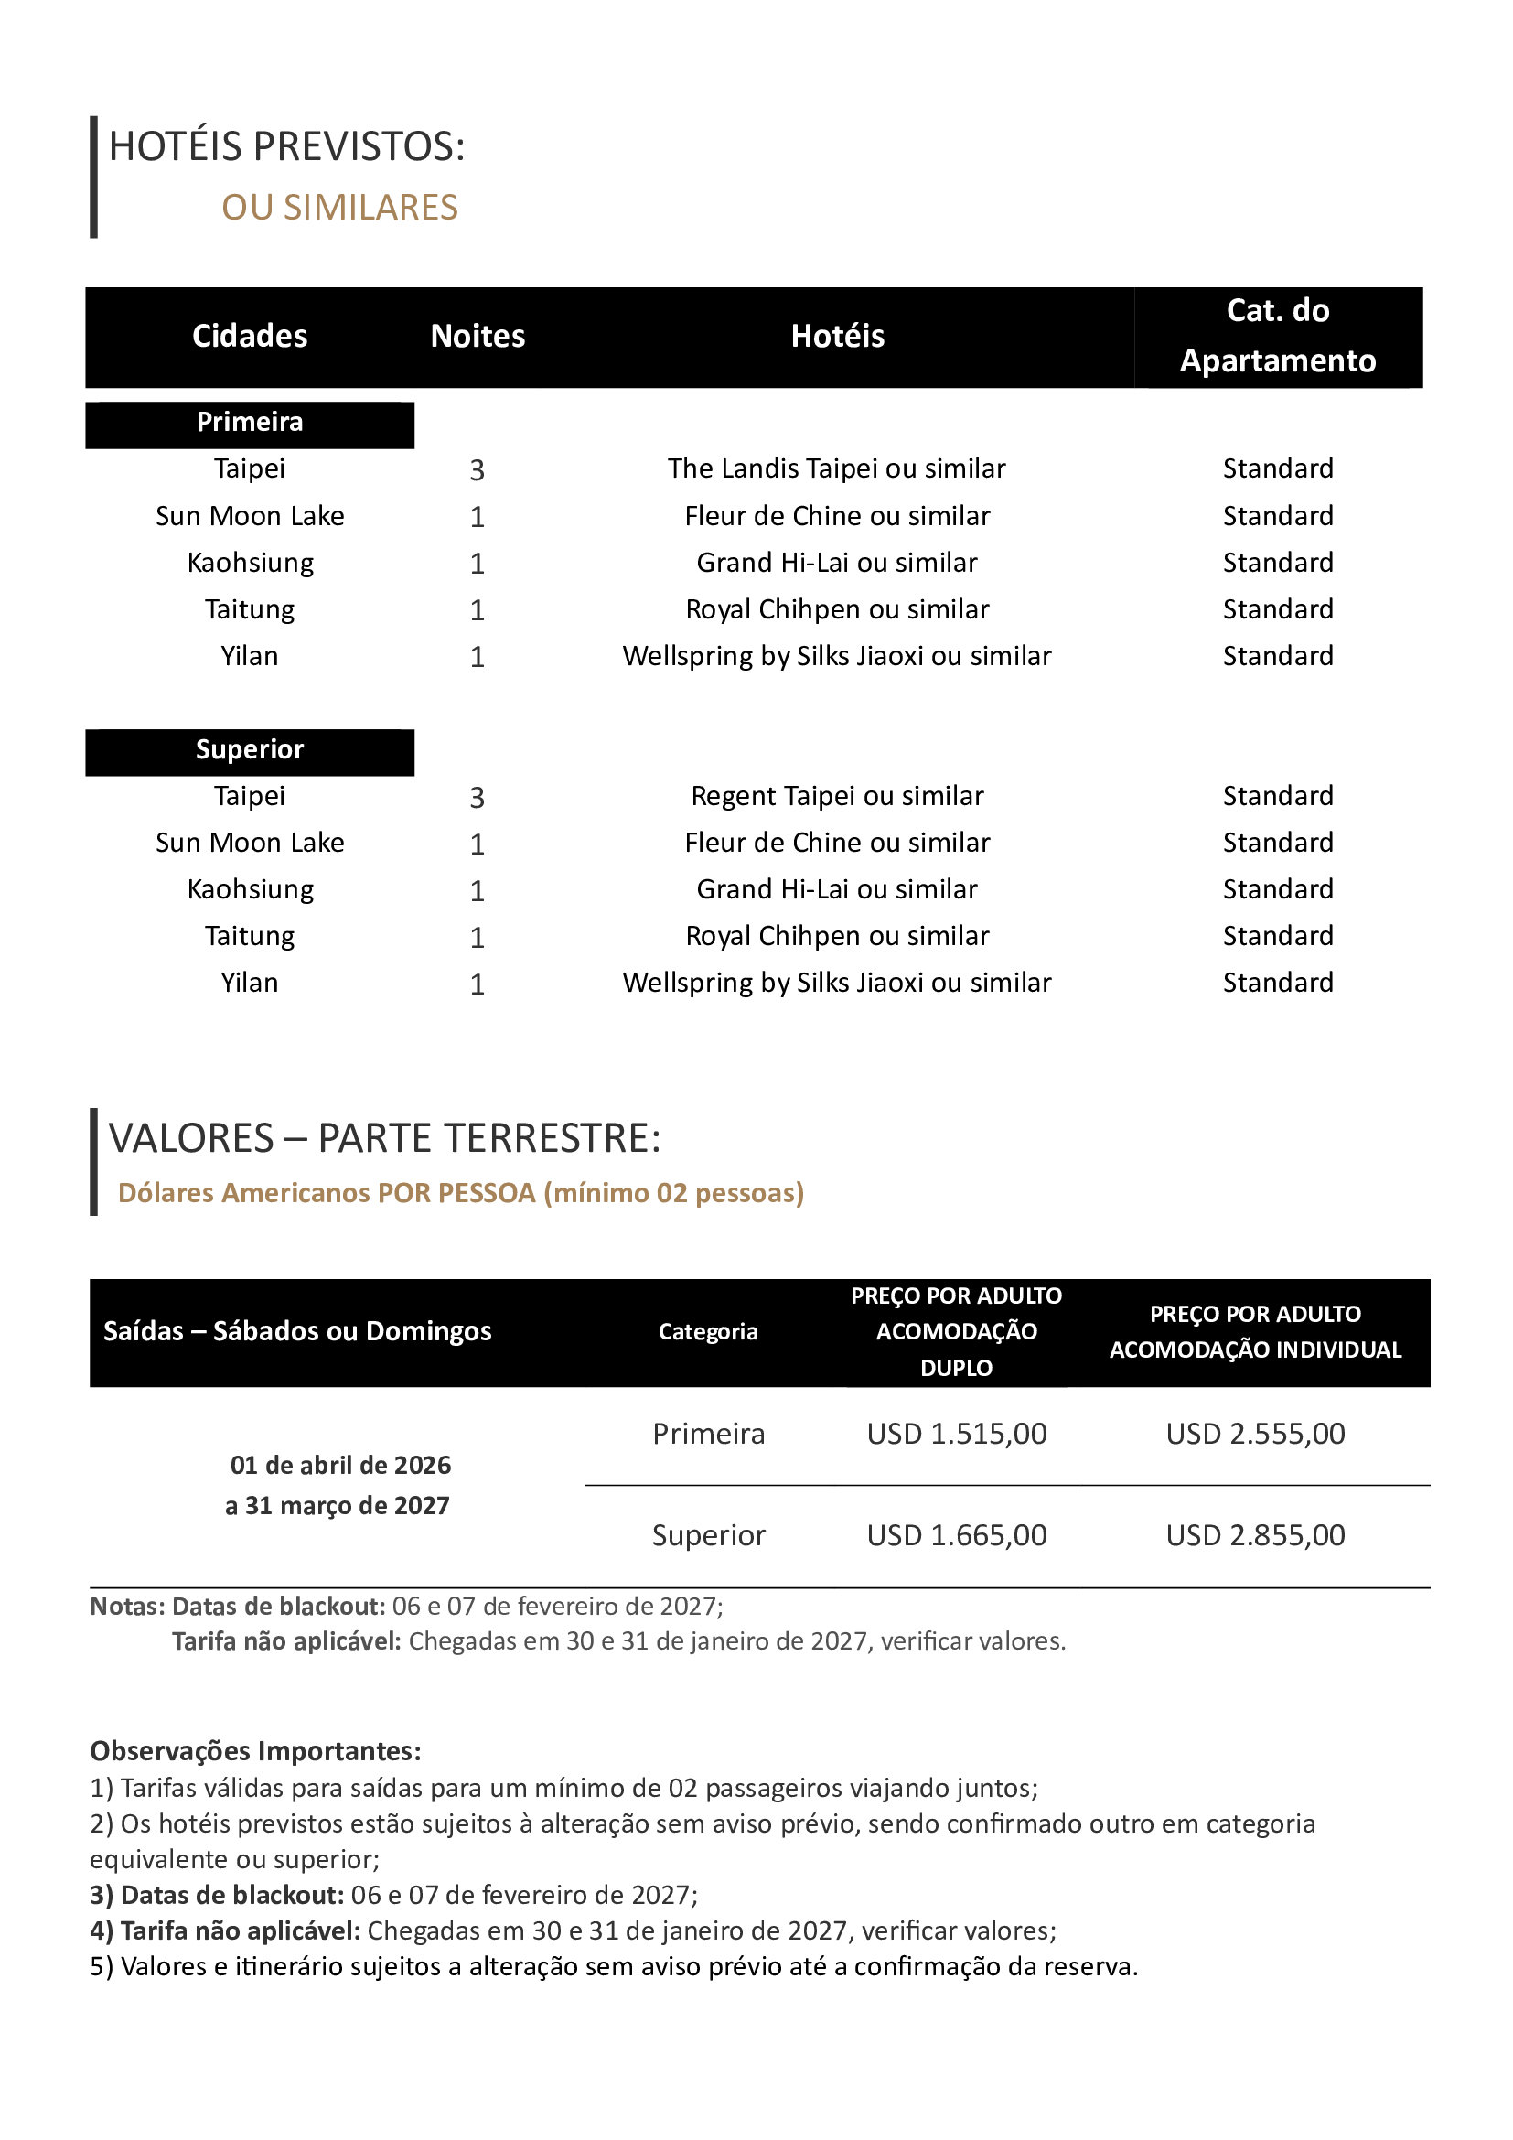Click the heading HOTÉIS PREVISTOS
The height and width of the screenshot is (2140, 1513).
(287, 147)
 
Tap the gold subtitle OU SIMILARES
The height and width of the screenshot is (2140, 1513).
(339, 208)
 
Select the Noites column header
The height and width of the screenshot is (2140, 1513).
(477, 337)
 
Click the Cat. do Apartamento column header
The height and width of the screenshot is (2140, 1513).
(1277, 336)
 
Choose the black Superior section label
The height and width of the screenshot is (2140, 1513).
(250, 750)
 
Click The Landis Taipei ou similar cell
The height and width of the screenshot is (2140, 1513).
(837, 468)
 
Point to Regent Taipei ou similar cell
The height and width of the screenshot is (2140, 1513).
(837, 797)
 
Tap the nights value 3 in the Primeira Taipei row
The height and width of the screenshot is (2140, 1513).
(477, 470)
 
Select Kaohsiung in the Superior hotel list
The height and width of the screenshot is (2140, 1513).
(250, 890)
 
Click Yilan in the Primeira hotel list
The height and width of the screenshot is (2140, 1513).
(250, 657)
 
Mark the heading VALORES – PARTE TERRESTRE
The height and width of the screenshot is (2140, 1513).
(384, 1139)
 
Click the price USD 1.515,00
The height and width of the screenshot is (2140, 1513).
(957, 1435)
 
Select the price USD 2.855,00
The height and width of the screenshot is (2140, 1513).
(1255, 1536)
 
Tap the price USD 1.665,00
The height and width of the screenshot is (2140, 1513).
(957, 1536)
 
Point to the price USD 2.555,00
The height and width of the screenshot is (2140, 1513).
(1255, 1435)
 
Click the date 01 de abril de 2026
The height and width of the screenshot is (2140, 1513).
(340, 1466)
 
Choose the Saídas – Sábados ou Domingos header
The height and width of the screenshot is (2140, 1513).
(297, 1332)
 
